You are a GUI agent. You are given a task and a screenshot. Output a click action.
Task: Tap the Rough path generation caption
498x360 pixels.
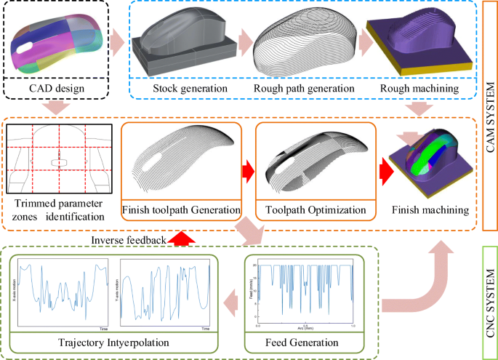[303, 89]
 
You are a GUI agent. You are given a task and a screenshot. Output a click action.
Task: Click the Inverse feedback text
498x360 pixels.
[128, 239]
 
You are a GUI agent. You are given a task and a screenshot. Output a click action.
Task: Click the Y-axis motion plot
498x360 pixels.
[166, 291]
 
